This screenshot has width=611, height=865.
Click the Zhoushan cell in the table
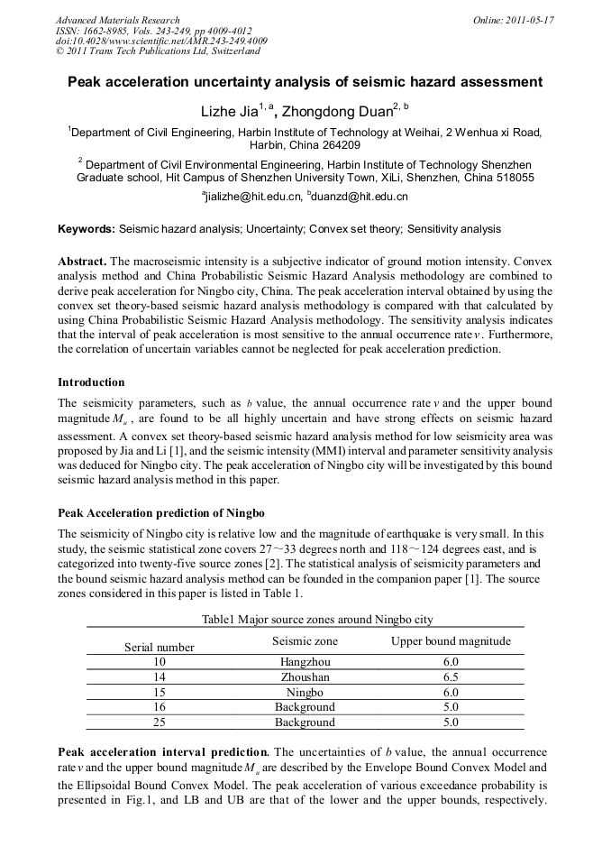[x=305, y=676]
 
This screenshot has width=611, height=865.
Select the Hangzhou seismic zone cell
[x=305, y=661]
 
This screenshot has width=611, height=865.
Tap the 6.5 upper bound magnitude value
[x=451, y=676]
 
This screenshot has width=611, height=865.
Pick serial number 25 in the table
[x=160, y=722]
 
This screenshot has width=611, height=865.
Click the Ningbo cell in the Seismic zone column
[x=305, y=692]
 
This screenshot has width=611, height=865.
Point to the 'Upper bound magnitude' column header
[x=451, y=641]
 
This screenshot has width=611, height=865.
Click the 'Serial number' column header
[x=160, y=647]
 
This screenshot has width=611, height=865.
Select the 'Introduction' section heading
[x=91, y=382]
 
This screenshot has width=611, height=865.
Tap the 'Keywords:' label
[x=87, y=230]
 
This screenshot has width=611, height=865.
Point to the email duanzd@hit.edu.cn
[x=358, y=196]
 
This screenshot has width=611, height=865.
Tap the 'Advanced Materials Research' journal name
[x=117, y=20]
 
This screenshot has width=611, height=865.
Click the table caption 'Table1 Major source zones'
[x=305, y=620]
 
